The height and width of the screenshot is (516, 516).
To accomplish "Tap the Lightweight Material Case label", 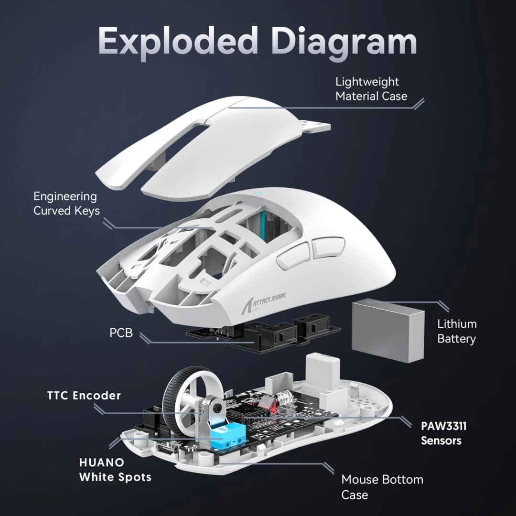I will pos(371,89).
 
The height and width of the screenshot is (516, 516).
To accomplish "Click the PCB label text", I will pos(121,333).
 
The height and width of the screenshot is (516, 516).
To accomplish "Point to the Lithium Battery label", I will pos(457,331).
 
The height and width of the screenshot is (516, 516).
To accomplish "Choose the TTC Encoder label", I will pos(84,396).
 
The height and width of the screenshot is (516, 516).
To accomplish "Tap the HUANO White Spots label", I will pos(115,469).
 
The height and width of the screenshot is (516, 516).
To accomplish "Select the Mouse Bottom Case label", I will pos(382,486).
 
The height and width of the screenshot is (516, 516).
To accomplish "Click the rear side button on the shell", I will pos(328,247).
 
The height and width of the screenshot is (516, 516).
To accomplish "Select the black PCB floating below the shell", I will pos(268,334).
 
